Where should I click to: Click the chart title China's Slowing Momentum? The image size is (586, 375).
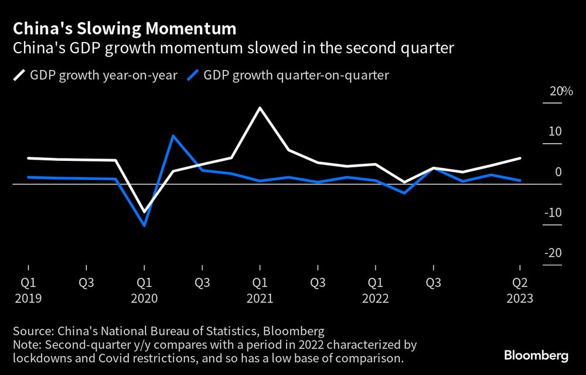pyautogui.click(x=125, y=28)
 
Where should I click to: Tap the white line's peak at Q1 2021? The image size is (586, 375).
pyautogui.click(x=259, y=108)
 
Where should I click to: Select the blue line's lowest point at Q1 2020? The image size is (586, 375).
pyautogui.click(x=144, y=225)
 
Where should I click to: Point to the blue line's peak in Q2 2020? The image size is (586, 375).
pyautogui.click(x=173, y=136)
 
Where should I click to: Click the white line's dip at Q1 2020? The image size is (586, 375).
pyautogui.click(x=144, y=211)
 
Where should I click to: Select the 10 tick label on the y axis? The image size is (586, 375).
pyautogui.click(x=554, y=131)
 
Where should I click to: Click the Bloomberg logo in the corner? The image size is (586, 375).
pyautogui.click(x=537, y=355)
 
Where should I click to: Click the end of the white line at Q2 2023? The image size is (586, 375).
pyautogui.click(x=520, y=158)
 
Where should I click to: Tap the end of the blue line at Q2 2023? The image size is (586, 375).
pyautogui.click(x=520, y=180)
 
